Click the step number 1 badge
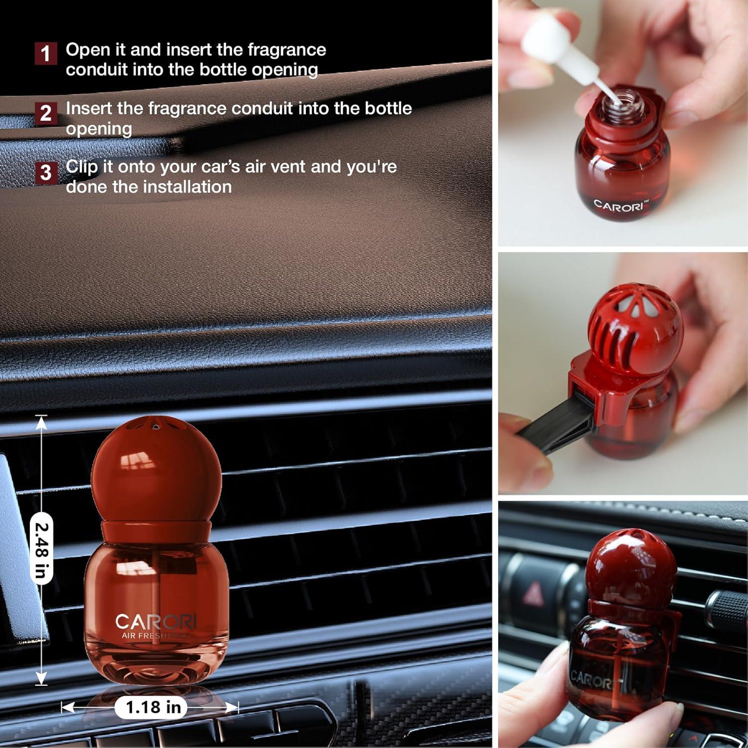click(x=45, y=53)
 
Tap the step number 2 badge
click(x=45, y=113)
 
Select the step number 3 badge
click(x=45, y=173)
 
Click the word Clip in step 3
click(x=82, y=166)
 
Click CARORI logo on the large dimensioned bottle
click(x=156, y=622)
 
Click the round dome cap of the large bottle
click(x=156, y=469)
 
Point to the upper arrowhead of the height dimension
click(x=41, y=422)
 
